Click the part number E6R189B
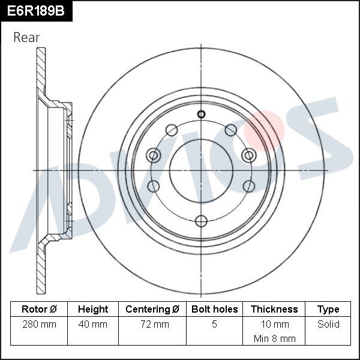pos(35,11)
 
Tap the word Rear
pos(26,37)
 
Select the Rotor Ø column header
pos(39,309)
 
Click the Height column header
pos(93,309)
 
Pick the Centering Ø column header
pos(152,309)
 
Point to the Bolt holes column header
pos(214,309)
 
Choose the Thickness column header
pos(274,309)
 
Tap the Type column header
pos(328,309)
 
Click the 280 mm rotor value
pos(39,324)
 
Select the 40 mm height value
pos(93,324)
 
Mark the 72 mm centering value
pos(152,324)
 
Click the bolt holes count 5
pos(214,324)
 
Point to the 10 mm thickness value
pos(274,324)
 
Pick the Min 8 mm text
pos(274,338)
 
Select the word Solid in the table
pos(328,324)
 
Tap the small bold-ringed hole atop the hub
pos(201,115)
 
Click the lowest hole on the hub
pos(201,220)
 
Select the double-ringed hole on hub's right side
pos(248,156)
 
